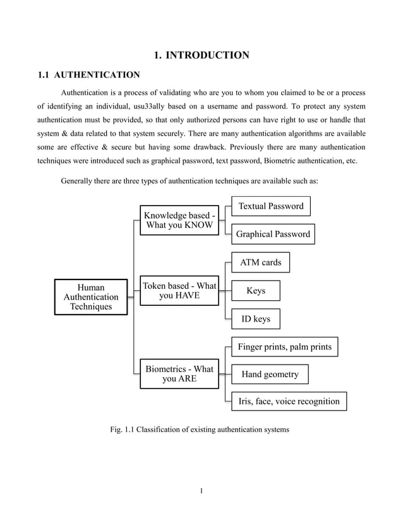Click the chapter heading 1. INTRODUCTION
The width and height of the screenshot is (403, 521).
[x=201, y=56]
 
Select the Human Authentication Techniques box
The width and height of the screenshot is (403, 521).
[x=91, y=296]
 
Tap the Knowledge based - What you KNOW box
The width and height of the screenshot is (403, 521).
[x=179, y=221]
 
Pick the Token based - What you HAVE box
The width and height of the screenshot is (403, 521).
[x=179, y=290]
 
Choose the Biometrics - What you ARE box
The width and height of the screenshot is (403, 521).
[x=179, y=373]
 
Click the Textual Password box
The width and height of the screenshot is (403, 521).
[x=270, y=206]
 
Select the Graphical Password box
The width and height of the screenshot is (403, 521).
[x=273, y=234]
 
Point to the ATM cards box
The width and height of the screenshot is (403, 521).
[x=260, y=262]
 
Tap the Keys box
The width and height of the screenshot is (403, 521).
[x=256, y=291]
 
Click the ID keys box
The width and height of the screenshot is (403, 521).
[x=256, y=319]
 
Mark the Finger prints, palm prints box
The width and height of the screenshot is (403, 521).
[x=284, y=346]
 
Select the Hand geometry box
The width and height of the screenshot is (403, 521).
[x=270, y=374]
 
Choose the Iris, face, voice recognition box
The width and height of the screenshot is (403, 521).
[x=289, y=401]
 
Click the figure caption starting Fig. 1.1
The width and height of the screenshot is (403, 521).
[x=200, y=430]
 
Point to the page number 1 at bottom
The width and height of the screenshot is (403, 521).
[x=201, y=491]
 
